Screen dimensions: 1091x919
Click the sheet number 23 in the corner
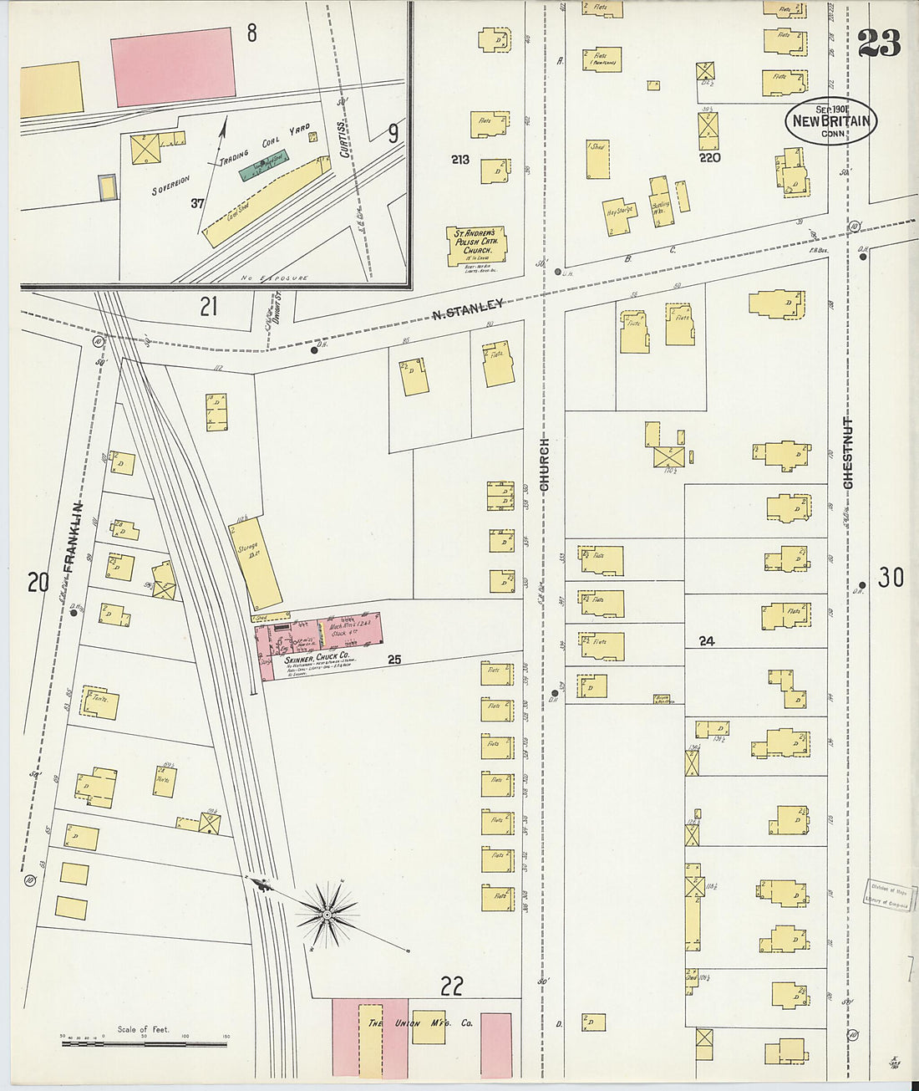tap(879, 43)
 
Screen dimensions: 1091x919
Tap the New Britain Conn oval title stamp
tap(830, 121)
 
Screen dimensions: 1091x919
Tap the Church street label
tap(545, 464)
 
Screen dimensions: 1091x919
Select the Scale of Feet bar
tap(144, 1043)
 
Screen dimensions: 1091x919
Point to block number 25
tap(394, 660)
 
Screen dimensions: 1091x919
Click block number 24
tap(707, 641)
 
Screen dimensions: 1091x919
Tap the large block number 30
tap(891, 577)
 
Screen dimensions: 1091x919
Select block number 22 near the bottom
tap(451, 986)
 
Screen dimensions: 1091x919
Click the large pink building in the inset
tap(173, 67)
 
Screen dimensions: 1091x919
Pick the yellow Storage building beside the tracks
tap(256, 563)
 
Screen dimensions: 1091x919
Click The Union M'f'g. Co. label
tap(420, 1023)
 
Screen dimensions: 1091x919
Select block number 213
tap(460, 159)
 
